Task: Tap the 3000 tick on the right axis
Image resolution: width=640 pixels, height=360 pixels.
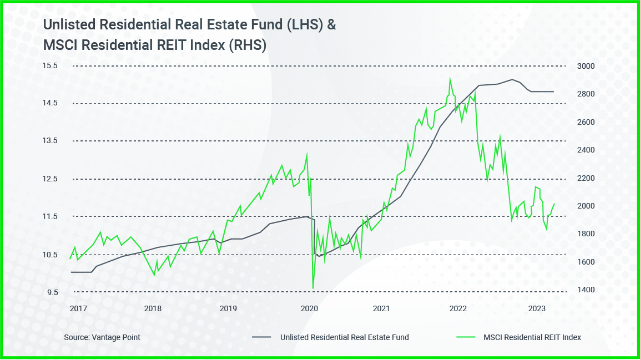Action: [586, 66]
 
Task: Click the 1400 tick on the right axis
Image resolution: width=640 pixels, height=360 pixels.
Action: [586, 290]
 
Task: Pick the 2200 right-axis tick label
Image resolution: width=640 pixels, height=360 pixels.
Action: [586, 178]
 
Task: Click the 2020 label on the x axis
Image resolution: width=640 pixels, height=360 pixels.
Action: [308, 308]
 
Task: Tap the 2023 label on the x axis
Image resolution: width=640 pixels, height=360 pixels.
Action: [536, 308]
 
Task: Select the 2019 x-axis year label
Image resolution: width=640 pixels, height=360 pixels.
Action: [228, 308]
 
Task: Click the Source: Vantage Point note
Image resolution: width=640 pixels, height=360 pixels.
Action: [102, 337]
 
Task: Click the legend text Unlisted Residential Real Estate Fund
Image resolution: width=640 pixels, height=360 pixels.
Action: [344, 337]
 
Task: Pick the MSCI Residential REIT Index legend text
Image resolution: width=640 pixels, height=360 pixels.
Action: [532, 337]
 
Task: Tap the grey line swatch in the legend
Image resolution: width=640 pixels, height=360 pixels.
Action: [261, 337]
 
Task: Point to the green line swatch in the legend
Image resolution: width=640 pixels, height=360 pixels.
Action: [465, 337]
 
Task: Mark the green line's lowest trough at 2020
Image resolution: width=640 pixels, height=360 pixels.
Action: [313, 288]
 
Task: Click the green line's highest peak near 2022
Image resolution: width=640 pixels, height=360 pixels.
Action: [450, 77]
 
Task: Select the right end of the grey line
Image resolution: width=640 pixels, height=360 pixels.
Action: [554, 92]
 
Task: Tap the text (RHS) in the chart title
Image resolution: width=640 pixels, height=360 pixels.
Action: [248, 46]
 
